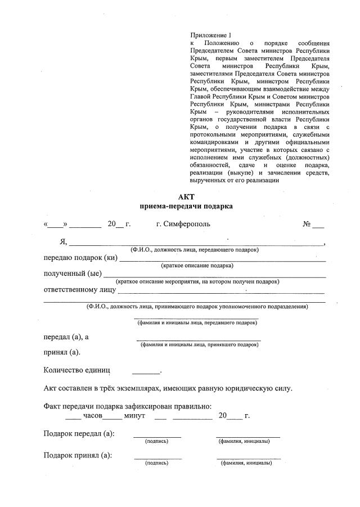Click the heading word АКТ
(x=186, y=196)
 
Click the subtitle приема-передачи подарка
(x=186, y=206)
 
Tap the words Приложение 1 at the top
(x=211, y=35)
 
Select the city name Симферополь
(x=183, y=224)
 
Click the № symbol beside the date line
(x=307, y=224)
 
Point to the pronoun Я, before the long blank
(x=63, y=242)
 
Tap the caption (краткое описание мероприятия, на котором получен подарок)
(x=197, y=281)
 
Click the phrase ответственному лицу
(x=79, y=290)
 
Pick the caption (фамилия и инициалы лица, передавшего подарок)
(x=197, y=323)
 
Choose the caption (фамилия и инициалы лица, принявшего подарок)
(x=200, y=344)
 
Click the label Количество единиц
(x=77, y=370)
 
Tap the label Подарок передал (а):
(x=79, y=433)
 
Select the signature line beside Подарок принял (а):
(x=157, y=459)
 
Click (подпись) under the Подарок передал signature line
(x=156, y=441)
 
